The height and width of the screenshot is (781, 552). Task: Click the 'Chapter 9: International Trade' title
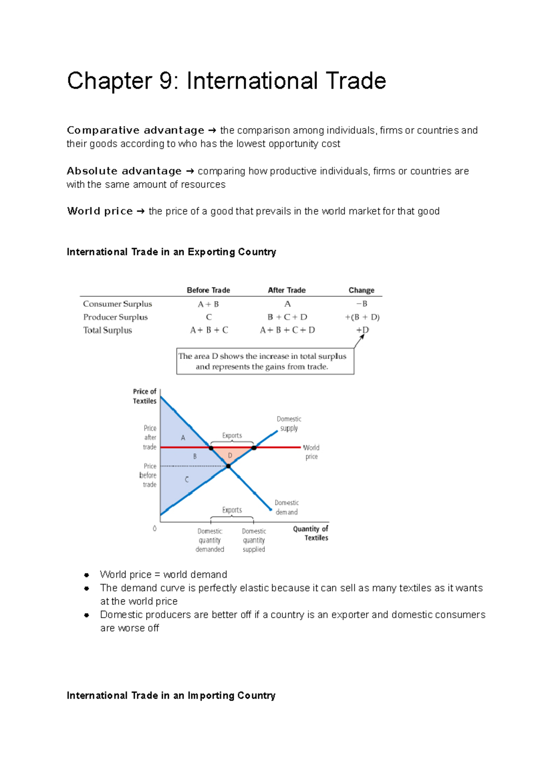pos(226,81)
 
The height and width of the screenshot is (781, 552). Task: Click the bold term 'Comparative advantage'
pos(135,130)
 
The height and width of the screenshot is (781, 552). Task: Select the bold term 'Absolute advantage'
pos(124,171)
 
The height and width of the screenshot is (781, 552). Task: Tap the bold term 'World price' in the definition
pos(100,211)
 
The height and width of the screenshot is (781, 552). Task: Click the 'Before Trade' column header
pos(208,290)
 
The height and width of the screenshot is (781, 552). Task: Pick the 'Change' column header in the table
pos(361,290)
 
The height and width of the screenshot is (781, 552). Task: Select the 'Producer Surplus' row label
pos(115,317)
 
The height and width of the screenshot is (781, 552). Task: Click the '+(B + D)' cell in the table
pos(362,317)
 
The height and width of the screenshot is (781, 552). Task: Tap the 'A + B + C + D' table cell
pos(287,330)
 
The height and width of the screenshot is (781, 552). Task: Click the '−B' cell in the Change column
pos(362,304)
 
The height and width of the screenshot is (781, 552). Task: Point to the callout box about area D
pos(265,361)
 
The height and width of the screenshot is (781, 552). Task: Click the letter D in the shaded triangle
pos(230,455)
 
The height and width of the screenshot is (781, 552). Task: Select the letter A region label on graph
pos(183,438)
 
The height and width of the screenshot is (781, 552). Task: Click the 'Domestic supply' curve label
pos(289,424)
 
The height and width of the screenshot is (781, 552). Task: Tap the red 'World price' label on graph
pos(311,452)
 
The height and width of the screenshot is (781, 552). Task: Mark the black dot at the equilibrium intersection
pos(228,466)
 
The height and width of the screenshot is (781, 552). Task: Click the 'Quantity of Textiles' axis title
pos(311,533)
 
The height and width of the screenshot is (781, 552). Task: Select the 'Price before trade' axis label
pos(149,475)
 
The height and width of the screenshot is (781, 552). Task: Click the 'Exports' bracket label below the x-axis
pos(232,510)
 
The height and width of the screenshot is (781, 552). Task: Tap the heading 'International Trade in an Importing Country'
pos(171,695)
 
